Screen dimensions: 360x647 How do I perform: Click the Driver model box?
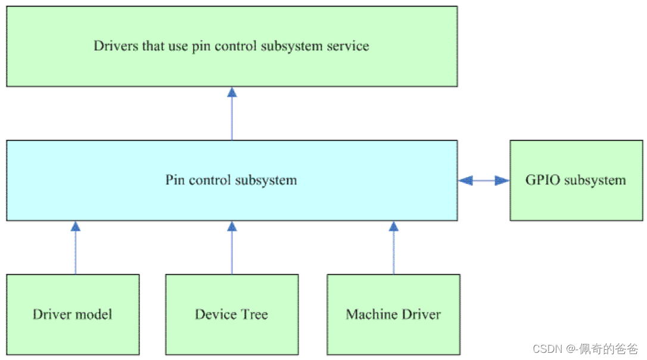[73, 314]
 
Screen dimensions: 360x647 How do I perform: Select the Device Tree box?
[232, 314]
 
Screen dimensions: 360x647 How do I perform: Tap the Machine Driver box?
[393, 314]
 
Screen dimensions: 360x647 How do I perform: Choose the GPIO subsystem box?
[576, 180]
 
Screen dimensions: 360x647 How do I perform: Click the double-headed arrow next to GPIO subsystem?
[484, 180]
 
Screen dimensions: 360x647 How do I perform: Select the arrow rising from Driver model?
[75, 247]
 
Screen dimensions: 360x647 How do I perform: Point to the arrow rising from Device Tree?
[232, 247]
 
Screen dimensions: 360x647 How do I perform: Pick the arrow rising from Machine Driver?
[393, 247]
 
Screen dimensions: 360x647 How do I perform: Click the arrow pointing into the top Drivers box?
[232, 113]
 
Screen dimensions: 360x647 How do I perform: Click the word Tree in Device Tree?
[254, 314]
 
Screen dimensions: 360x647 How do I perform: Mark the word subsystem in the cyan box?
[268, 180]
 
